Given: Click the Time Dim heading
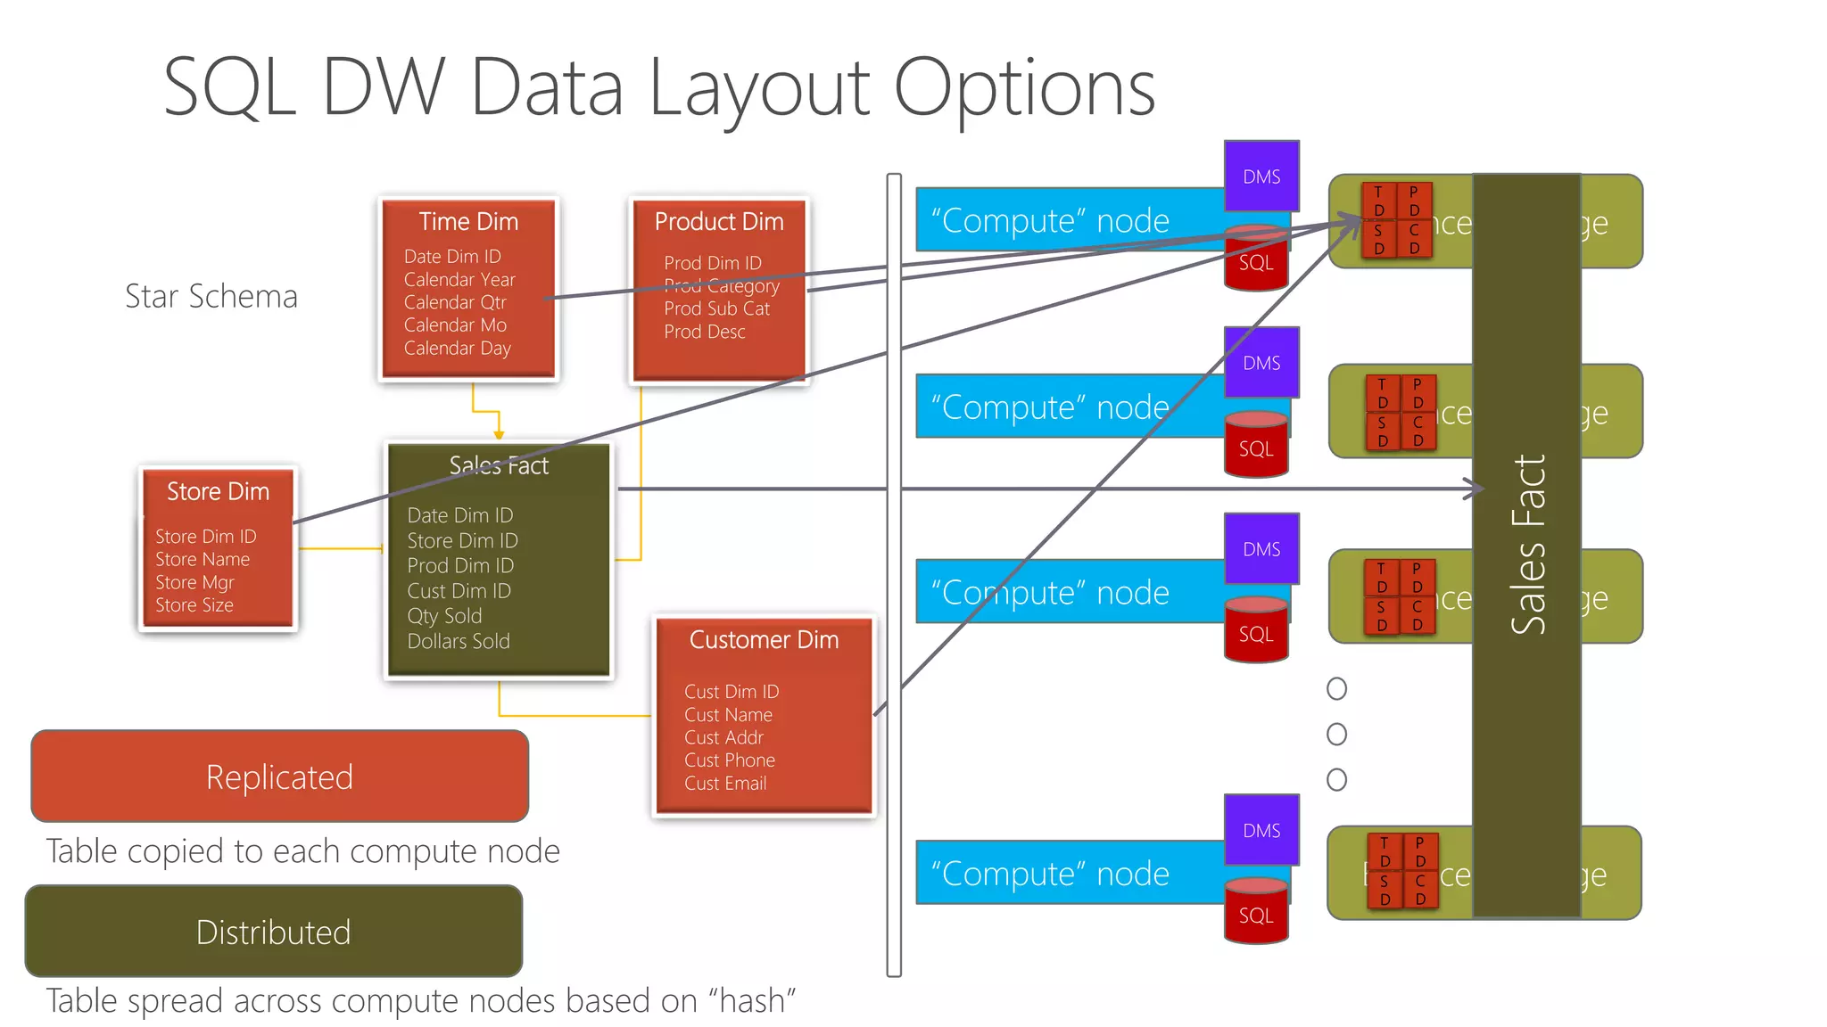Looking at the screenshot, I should click(x=468, y=221).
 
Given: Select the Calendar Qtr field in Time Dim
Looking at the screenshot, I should click(x=454, y=302).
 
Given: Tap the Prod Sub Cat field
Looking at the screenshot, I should click(x=716, y=308).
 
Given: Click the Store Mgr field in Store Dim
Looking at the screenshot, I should click(x=194, y=582).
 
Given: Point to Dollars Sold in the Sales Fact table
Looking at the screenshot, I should click(x=459, y=641).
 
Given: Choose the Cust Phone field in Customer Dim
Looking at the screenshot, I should click(x=729, y=760).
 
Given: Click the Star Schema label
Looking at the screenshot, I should click(x=211, y=296).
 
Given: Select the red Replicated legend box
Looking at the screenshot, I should click(x=279, y=776).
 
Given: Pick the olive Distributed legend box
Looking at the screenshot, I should click(x=273, y=932).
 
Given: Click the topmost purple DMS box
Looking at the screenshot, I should click(x=1261, y=177).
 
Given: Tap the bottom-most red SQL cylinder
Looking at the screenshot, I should click(x=1255, y=915).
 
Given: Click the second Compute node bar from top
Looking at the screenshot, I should click(x=1053, y=407).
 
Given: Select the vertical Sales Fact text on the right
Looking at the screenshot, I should click(x=1528, y=544).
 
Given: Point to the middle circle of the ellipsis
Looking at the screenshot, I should click(x=1336, y=734).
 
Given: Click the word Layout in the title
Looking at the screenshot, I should click(x=757, y=89).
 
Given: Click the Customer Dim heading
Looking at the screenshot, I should click(x=764, y=640).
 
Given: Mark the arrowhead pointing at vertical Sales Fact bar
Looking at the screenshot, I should click(x=1477, y=489).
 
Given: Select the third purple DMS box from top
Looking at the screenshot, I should click(x=1261, y=549).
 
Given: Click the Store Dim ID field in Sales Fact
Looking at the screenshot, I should click(x=462, y=540).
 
